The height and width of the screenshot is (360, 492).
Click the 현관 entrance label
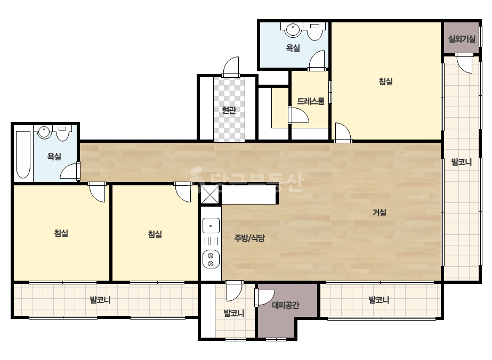[229, 110]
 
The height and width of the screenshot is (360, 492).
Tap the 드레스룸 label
[311, 101]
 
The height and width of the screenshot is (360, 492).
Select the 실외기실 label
[462, 39]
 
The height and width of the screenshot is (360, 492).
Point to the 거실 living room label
[380, 212]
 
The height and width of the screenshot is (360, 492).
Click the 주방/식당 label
[249, 238]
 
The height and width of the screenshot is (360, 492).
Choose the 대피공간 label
[286, 305]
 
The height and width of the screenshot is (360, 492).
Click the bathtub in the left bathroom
[23, 154]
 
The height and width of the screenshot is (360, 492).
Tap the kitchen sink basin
[211, 225]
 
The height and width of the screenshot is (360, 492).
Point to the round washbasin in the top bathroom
[293, 30]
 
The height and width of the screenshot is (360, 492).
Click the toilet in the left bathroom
[63, 133]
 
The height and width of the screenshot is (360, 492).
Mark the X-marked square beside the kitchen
[209, 194]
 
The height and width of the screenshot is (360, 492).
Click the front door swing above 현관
[231, 67]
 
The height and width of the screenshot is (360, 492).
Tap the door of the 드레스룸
[298, 115]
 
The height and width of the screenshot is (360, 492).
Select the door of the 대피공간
[264, 298]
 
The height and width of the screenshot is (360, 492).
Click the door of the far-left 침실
[96, 192]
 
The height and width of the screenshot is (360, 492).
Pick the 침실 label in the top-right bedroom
[386, 81]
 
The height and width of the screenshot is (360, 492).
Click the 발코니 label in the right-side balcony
[462, 162]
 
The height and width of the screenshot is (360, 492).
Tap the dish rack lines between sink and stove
[211, 241]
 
